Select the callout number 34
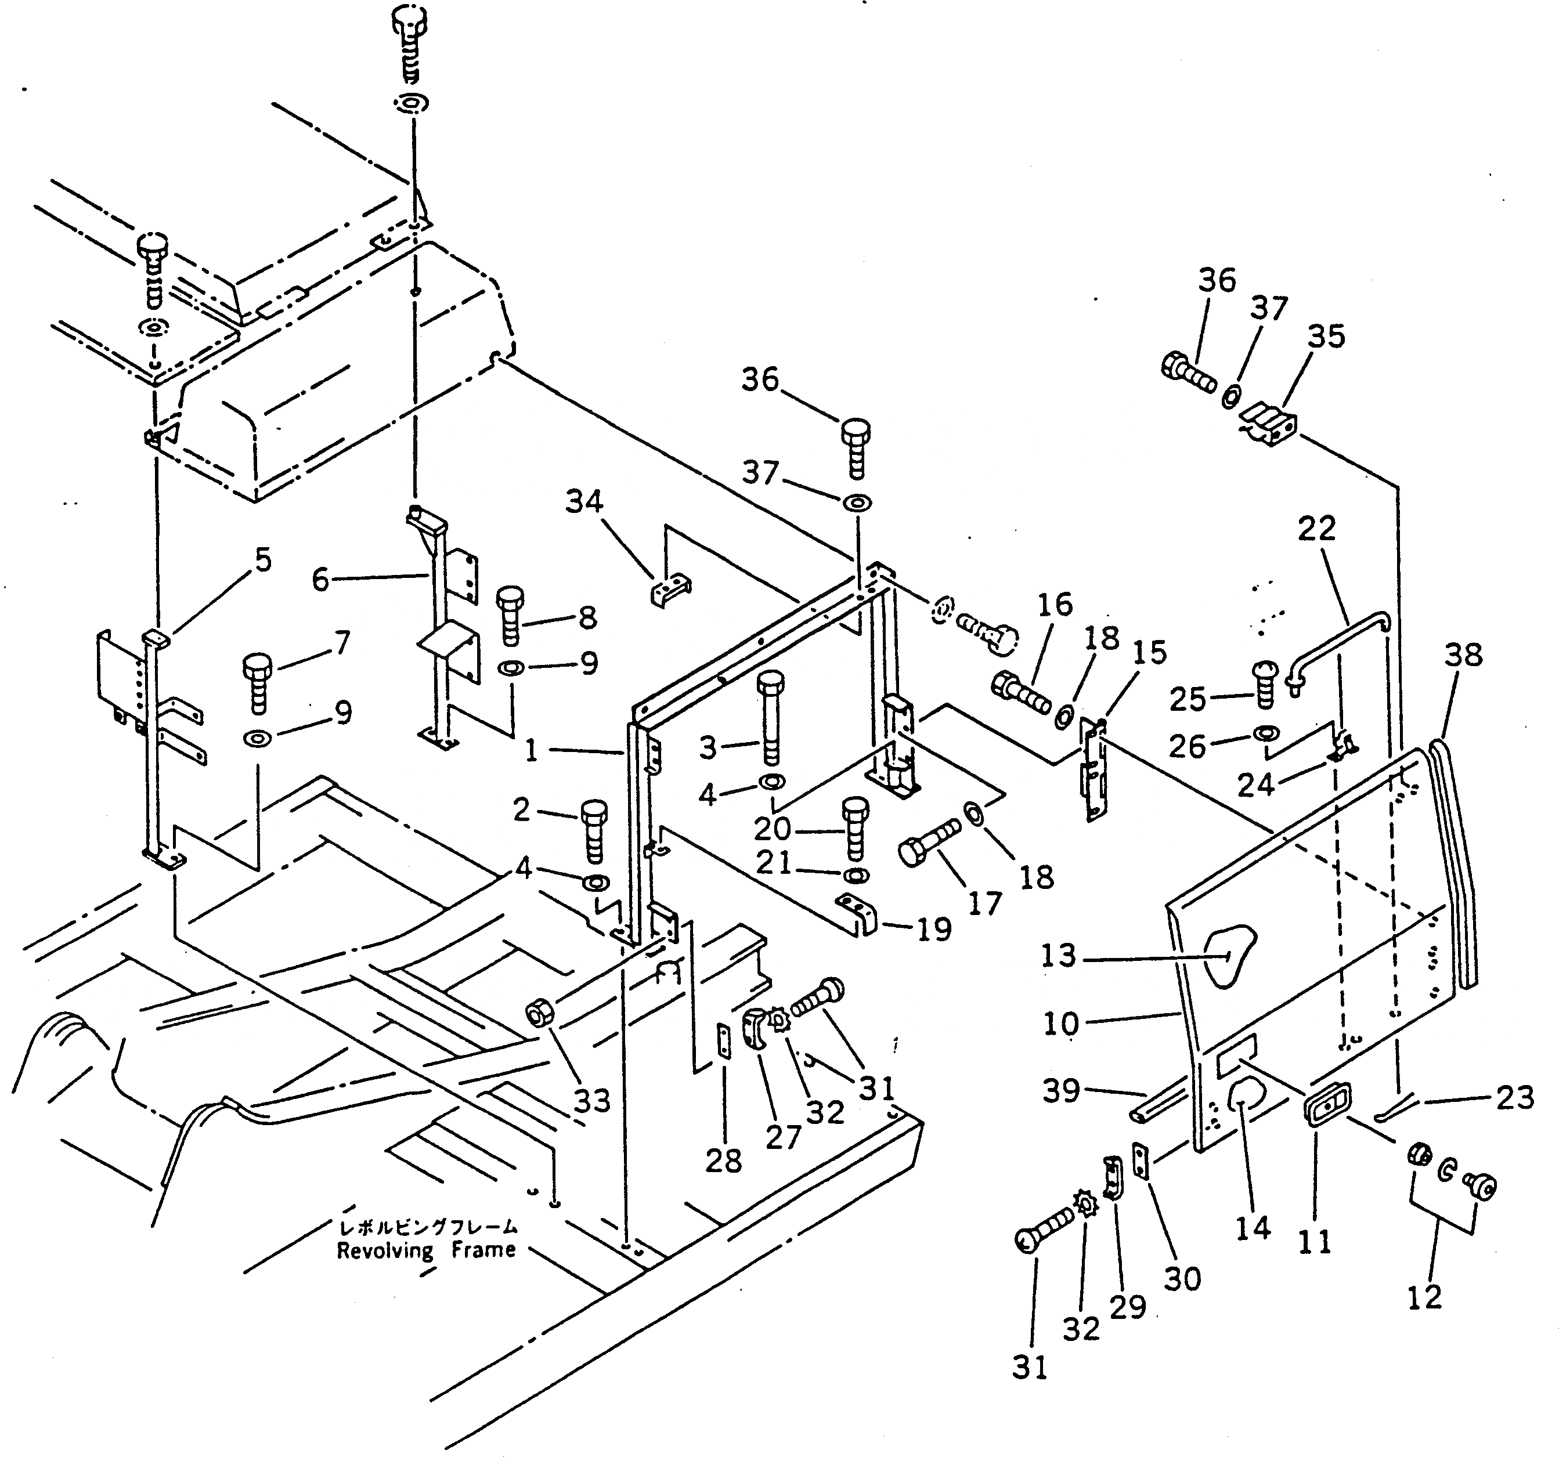[x=584, y=501]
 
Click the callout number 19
[x=933, y=930]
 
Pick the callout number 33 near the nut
[x=592, y=1101]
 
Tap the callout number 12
[x=1424, y=1298]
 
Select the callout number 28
[x=723, y=1162]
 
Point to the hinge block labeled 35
[x=1269, y=424]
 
